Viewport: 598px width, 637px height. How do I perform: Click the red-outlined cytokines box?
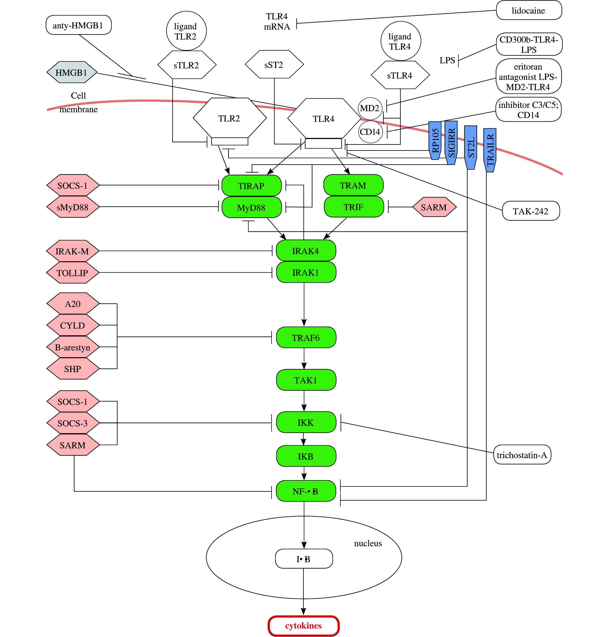(x=303, y=626)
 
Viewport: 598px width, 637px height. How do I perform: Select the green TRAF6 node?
(x=306, y=338)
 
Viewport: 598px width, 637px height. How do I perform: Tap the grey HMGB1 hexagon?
(x=71, y=72)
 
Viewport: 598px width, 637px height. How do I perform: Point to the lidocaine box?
(x=529, y=11)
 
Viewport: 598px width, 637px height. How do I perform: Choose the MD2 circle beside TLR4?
(x=370, y=108)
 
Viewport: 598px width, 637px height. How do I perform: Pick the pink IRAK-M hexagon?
(x=72, y=251)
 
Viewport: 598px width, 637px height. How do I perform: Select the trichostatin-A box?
(x=522, y=455)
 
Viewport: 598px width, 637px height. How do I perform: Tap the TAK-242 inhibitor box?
(x=531, y=211)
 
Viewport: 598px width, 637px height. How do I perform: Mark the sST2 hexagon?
(x=274, y=65)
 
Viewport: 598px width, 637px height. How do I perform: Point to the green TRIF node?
(x=354, y=207)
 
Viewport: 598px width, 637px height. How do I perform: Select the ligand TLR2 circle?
(x=186, y=31)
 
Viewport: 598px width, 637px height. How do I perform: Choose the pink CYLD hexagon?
(x=73, y=325)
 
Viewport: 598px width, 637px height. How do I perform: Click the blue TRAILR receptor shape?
(x=490, y=150)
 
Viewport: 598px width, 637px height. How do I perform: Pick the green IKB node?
(x=306, y=456)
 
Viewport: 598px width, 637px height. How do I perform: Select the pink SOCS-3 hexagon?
(x=73, y=423)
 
